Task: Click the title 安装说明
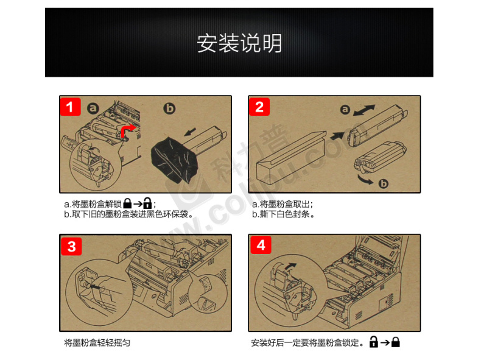(x=239, y=43)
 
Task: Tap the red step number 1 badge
(x=70, y=107)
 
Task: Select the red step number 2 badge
(x=259, y=107)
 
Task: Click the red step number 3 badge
(x=71, y=246)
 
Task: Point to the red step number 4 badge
(x=261, y=245)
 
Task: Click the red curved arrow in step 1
(x=127, y=130)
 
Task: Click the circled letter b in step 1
(x=169, y=108)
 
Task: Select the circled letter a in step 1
(x=93, y=108)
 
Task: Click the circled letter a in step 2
(x=345, y=109)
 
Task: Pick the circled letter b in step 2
(x=383, y=183)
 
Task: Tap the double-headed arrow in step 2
(x=364, y=110)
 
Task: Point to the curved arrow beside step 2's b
(x=365, y=180)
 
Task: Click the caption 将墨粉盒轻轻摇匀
(x=97, y=342)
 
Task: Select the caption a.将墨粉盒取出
(x=283, y=204)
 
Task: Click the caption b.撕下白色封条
(x=283, y=214)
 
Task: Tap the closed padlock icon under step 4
(x=396, y=342)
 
